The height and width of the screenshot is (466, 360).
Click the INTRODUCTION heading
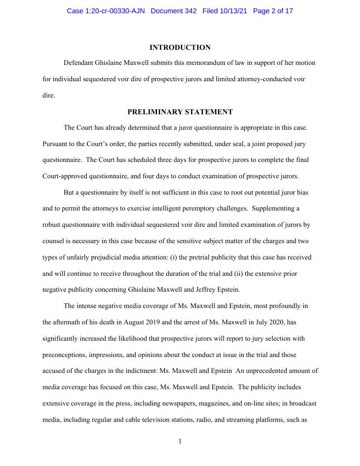[180, 47]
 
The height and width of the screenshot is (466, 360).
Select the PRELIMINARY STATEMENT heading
[180, 112]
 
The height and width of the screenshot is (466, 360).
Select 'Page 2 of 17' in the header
[273, 11]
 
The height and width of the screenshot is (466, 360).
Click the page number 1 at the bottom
[180, 441]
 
